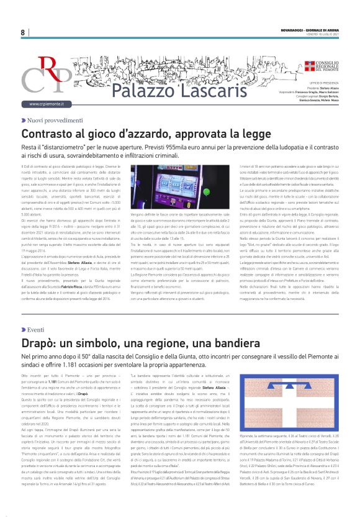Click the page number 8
pos(23,32)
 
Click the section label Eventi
pos(35,330)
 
